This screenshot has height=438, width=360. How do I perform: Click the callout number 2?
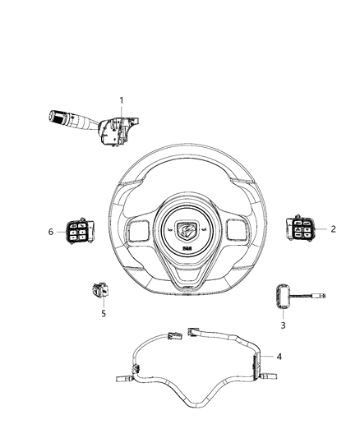click(334, 229)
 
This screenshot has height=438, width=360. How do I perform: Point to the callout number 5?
click(104, 312)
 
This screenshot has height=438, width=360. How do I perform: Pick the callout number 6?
click(51, 233)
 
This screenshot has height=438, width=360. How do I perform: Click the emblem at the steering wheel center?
click(181, 231)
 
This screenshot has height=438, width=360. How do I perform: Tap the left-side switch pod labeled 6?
click(77, 233)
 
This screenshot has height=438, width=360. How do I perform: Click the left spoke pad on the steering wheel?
click(137, 228)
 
